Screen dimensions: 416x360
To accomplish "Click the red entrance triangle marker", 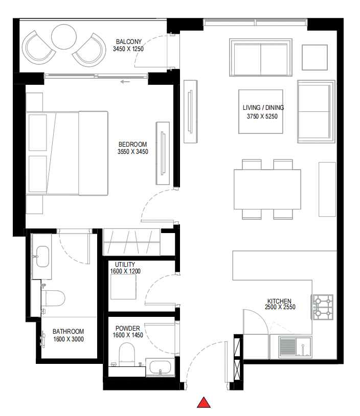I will tap(205, 403).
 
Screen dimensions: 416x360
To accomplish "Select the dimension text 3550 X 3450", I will tap(133, 151).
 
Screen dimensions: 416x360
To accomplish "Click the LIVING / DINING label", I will tap(263, 108).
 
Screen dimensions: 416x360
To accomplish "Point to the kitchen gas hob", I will tap(323, 307).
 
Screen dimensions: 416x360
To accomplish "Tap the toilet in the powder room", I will tap(126, 353).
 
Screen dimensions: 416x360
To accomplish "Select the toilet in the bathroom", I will tap(54, 298).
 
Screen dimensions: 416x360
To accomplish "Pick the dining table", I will tap(267, 189).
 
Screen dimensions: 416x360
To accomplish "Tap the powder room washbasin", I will tap(161, 368).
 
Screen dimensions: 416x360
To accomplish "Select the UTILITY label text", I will tap(125, 264).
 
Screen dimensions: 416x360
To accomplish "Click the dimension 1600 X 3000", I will tap(68, 339).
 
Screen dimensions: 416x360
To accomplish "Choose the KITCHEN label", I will tap(279, 301).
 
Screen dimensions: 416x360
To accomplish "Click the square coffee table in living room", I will tap(261, 111).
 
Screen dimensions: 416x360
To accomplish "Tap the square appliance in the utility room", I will tap(123, 288).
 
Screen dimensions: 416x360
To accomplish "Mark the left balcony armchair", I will tap(38, 47).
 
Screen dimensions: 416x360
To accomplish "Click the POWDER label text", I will tap(127, 329).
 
